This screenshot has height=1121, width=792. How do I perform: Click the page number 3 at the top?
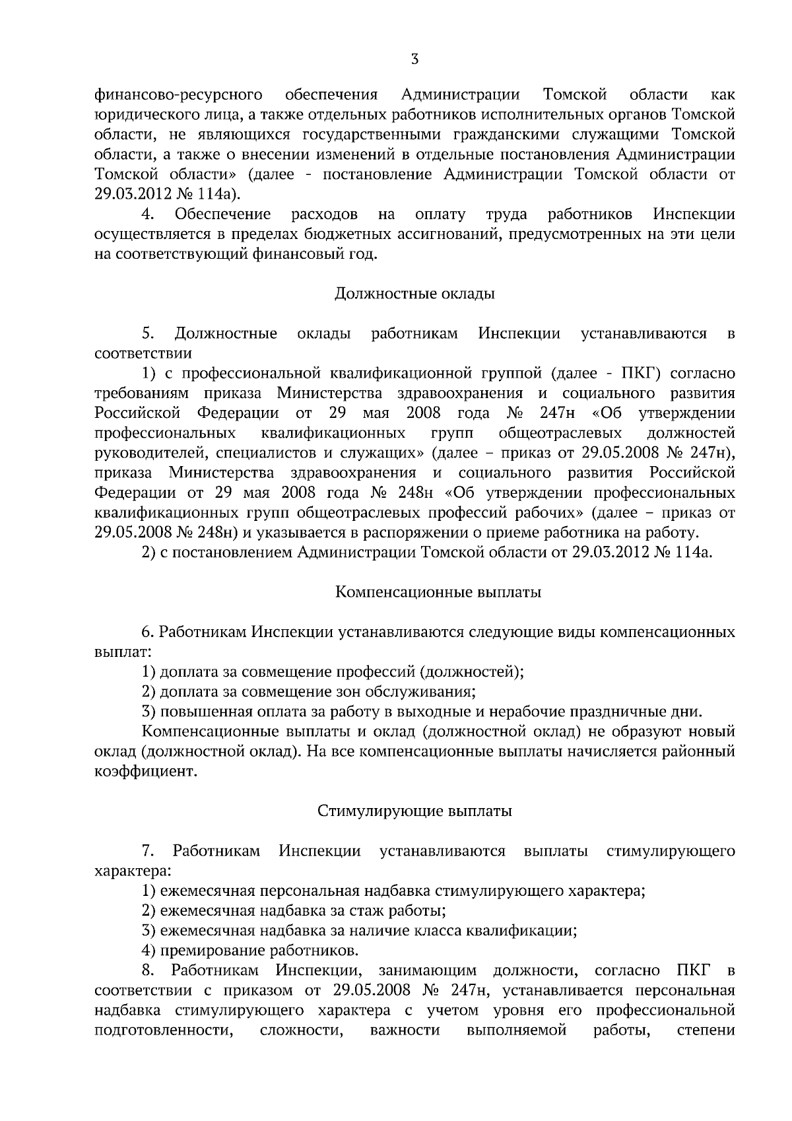(414, 60)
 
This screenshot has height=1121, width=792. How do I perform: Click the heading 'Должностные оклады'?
(414, 293)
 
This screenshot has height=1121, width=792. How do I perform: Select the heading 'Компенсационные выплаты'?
(438, 592)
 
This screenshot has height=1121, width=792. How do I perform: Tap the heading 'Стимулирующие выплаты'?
(414, 811)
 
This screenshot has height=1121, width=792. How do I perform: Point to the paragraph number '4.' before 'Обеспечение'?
(148, 214)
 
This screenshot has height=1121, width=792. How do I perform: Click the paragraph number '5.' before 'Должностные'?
(148, 333)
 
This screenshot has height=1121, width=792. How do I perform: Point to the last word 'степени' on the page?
(706, 1030)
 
